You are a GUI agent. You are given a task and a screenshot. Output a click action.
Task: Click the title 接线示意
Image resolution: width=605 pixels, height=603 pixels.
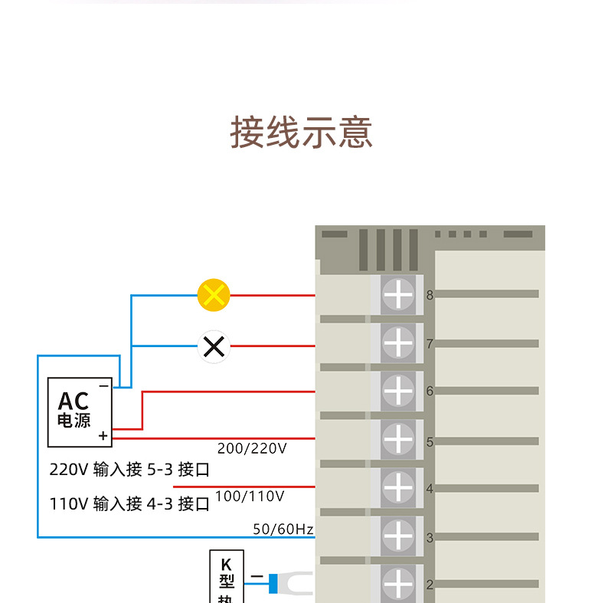(x=301, y=132)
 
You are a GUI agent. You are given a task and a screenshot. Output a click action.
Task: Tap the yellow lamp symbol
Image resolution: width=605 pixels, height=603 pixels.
(x=214, y=295)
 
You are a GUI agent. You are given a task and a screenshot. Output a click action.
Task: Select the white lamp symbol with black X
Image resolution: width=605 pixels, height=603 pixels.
(x=214, y=346)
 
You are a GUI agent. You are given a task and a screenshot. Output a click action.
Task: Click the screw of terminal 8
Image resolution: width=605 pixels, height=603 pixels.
(x=398, y=294)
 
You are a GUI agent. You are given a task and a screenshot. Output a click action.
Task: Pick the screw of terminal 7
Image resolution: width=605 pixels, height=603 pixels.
(x=398, y=342)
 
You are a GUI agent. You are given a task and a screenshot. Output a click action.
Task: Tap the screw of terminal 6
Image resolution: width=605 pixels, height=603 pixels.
(x=398, y=391)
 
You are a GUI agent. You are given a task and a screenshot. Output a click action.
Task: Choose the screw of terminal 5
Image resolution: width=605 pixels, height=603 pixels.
(x=398, y=439)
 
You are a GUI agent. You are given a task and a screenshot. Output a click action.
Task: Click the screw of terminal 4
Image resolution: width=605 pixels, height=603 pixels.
(x=398, y=487)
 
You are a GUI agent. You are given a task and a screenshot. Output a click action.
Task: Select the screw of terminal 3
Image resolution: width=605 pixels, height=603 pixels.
(x=398, y=536)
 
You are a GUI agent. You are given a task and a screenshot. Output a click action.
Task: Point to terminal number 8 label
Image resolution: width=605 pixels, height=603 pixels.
(x=430, y=295)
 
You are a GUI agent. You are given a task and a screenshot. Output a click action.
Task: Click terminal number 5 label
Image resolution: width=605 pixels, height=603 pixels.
(x=430, y=442)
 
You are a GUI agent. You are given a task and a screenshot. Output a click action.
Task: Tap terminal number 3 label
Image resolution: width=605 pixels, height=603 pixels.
(x=430, y=538)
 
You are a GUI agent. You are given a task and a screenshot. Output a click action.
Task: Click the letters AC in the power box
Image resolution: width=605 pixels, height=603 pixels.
(x=74, y=401)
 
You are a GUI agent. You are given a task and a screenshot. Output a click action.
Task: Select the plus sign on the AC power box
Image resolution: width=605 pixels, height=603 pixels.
(x=103, y=436)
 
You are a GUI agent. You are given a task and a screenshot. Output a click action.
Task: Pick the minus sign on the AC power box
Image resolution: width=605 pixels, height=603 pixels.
(x=104, y=386)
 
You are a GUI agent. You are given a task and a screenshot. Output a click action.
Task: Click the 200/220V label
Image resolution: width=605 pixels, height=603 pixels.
(x=252, y=448)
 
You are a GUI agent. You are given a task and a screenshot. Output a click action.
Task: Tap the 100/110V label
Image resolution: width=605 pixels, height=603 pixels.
(x=250, y=496)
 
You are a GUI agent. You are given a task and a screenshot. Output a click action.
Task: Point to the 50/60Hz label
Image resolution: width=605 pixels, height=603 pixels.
(x=283, y=529)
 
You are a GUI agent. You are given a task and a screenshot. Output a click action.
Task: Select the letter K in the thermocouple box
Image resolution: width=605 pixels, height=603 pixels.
(x=226, y=565)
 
